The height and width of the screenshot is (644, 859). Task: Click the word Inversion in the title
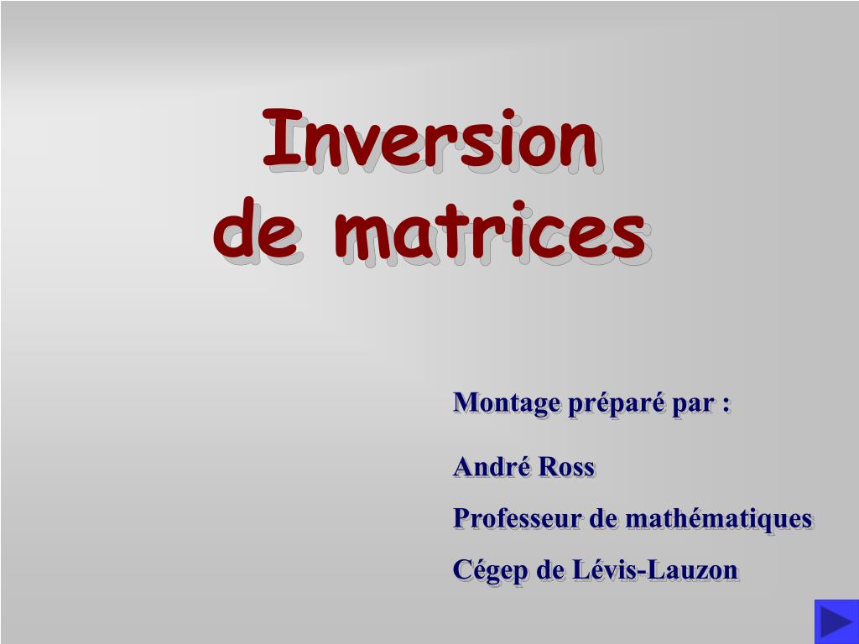coord(430,138)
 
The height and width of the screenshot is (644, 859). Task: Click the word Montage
coord(506,403)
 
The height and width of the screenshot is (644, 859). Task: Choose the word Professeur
coord(517,518)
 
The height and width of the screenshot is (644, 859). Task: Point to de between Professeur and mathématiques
coord(603,518)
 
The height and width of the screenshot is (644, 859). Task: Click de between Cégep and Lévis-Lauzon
coord(550,570)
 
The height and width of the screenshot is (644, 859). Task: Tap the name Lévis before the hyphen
coord(603,570)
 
